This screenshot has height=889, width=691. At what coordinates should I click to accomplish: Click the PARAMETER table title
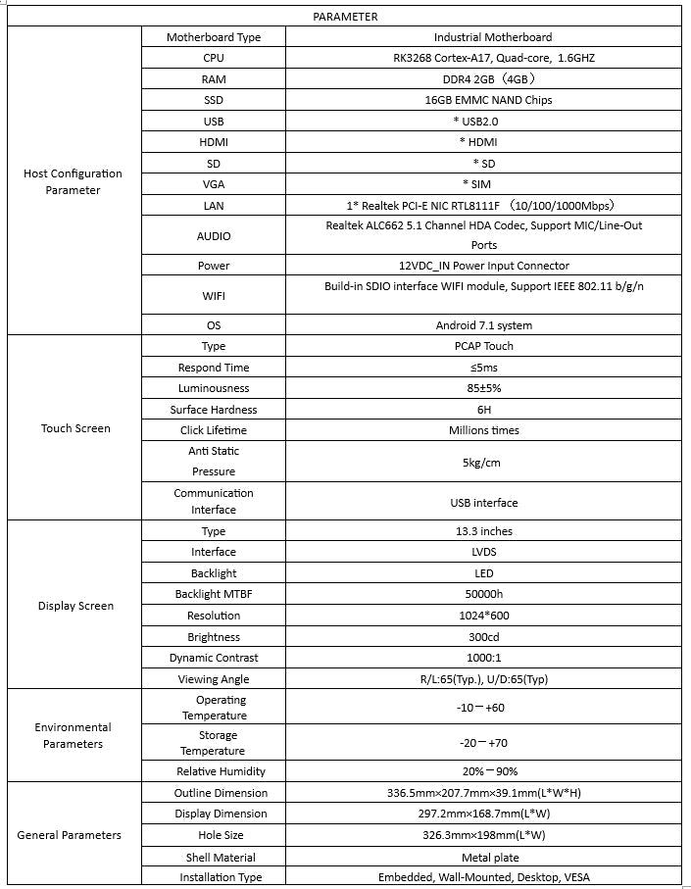click(x=345, y=17)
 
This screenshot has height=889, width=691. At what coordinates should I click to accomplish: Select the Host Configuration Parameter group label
click(x=73, y=181)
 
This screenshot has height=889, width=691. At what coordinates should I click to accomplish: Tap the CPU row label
click(x=214, y=58)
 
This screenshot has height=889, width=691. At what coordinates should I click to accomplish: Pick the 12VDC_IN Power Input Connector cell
click(x=491, y=266)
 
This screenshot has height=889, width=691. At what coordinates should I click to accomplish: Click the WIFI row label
click(x=214, y=295)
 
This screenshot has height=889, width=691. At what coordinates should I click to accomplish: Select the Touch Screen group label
click(x=75, y=428)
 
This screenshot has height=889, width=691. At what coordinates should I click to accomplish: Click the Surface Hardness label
click(x=214, y=410)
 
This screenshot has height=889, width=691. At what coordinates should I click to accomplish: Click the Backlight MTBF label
click(x=214, y=594)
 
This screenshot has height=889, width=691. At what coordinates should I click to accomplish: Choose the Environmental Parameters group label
click(x=73, y=735)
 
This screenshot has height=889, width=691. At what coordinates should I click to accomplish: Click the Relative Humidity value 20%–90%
click(x=490, y=771)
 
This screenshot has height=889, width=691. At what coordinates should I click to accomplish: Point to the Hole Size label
click(x=214, y=835)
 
